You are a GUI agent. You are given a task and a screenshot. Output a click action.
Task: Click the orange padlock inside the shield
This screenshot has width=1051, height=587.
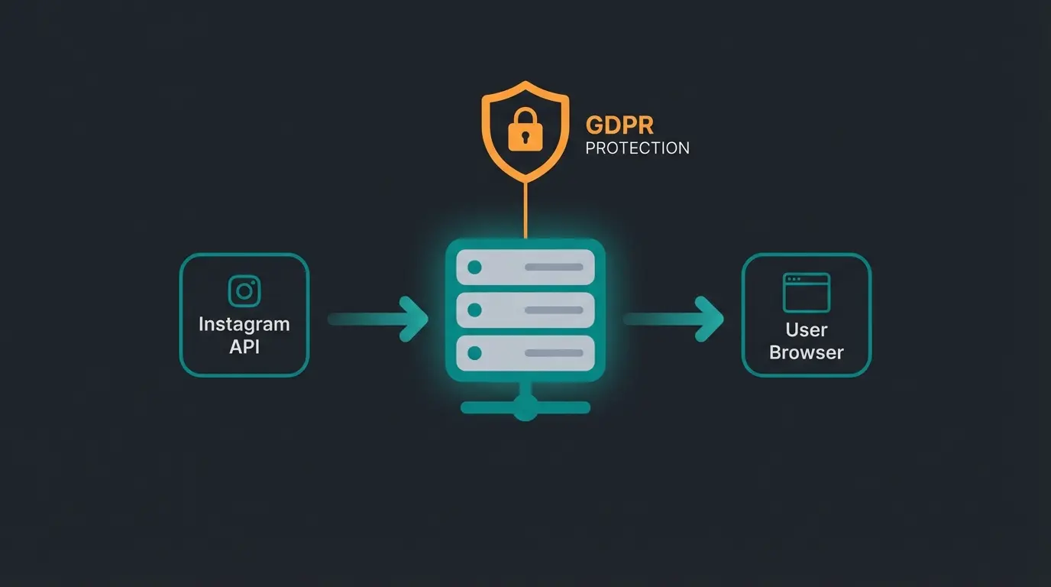[x=525, y=132]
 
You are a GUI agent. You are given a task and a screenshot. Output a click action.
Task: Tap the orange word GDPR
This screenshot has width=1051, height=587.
[x=619, y=125]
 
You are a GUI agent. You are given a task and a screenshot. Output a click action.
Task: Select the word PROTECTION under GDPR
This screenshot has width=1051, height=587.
[x=637, y=148]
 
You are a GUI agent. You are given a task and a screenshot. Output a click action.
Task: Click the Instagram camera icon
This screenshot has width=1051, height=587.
[x=244, y=291]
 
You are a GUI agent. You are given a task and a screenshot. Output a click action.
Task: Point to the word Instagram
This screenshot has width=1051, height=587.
[x=244, y=324]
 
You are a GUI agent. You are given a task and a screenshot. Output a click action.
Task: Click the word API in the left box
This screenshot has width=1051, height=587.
[x=244, y=346]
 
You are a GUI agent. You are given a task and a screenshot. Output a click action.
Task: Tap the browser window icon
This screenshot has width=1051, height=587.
[x=806, y=293]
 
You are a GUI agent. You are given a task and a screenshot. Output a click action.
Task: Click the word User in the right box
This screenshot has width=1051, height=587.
[x=807, y=330]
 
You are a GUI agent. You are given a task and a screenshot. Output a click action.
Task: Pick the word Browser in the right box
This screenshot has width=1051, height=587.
[x=807, y=353]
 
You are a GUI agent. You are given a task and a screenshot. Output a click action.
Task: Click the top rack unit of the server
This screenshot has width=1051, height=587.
[x=525, y=268]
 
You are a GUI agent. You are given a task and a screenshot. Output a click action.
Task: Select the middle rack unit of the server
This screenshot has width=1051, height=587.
[x=525, y=310]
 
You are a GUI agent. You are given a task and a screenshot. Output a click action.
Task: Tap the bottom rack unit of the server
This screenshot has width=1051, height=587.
[x=525, y=353]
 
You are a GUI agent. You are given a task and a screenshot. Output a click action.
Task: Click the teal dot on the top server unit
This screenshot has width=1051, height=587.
[x=474, y=268]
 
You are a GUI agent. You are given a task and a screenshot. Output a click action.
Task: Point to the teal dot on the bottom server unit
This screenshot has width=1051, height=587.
[x=474, y=353]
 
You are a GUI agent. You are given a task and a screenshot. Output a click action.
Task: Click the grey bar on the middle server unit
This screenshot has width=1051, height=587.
[x=554, y=310]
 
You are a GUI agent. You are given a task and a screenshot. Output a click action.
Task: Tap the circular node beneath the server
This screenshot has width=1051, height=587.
[x=525, y=408]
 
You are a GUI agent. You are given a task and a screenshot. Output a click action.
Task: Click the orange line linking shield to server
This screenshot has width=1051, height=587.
[x=525, y=210]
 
